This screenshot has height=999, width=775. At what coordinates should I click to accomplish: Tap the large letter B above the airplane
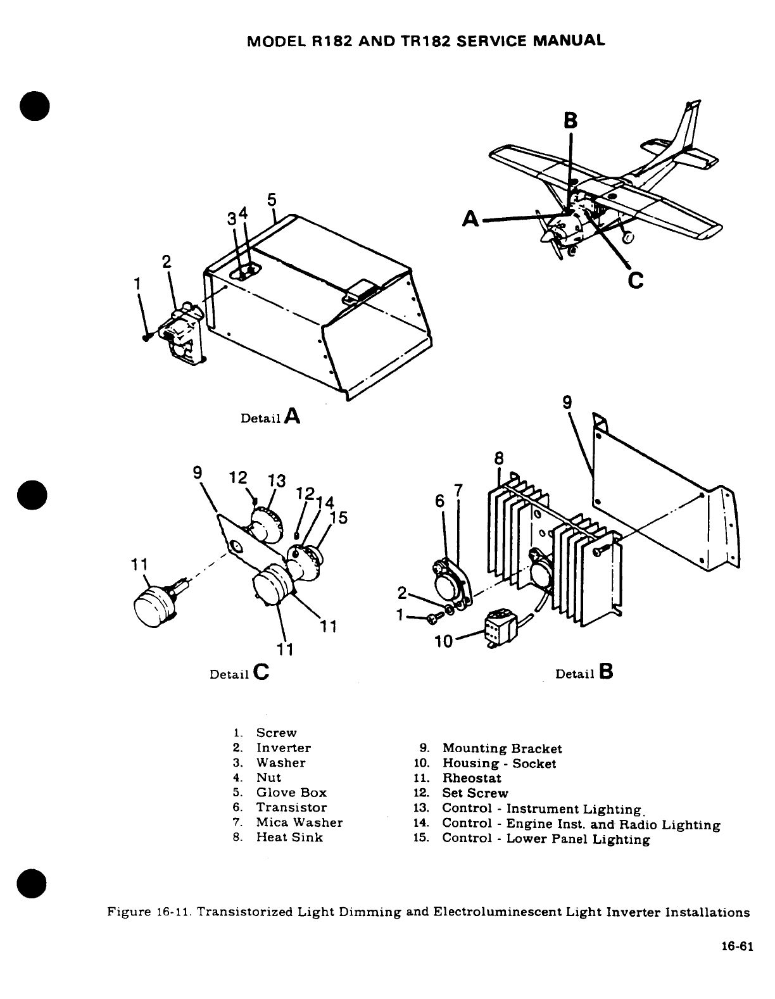tap(570, 121)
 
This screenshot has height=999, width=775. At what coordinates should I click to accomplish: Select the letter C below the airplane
tap(636, 279)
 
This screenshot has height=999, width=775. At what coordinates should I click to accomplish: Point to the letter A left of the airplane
tap(470, 218)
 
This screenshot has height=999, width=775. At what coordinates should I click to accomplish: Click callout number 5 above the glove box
tap(272, 199)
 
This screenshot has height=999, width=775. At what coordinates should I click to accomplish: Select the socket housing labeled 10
tap(500, 629)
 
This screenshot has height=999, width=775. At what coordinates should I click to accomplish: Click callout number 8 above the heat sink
tap(499, 458)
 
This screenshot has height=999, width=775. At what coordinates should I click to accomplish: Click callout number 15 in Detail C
tap(339, 518)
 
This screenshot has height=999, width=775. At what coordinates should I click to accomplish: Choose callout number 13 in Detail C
tap(277, 481)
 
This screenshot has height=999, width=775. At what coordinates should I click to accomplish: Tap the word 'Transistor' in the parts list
tap(291, 807)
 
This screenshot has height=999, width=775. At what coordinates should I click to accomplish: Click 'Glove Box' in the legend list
tap(291, 793)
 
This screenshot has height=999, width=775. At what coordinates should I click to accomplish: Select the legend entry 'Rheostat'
tap(471, 778)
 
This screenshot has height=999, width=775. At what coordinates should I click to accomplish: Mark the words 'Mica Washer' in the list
tap(299, 822)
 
